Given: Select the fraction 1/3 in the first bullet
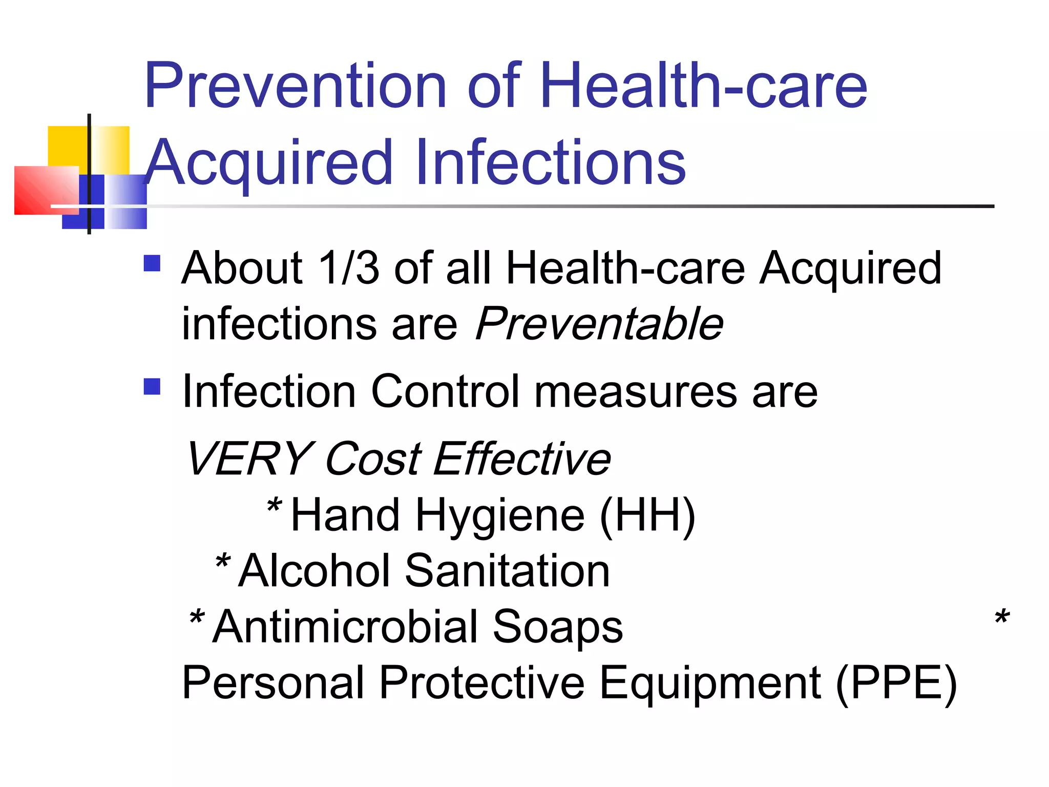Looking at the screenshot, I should point(348,268).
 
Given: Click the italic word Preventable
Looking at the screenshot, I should point(599,324).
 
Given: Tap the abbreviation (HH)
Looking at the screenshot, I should point(647,515).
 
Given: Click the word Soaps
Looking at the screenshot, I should point(558,628).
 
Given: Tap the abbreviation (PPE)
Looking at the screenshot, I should point(896,683).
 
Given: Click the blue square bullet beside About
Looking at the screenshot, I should point(152,263).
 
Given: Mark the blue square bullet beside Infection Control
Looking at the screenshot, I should point(152,386).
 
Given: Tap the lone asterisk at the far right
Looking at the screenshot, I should point(1002,617).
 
